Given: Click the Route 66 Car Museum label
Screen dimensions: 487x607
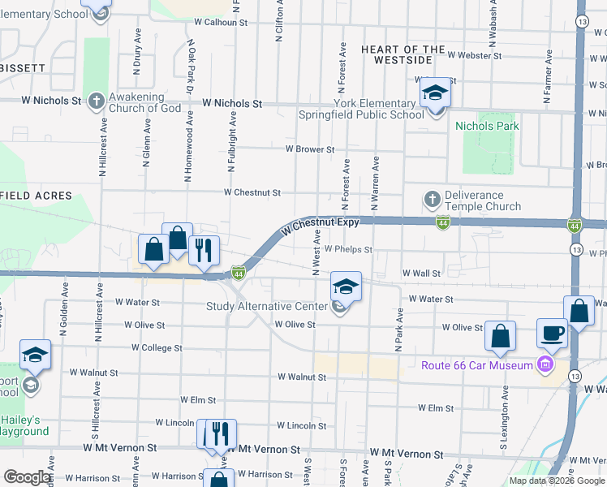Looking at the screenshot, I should coord(476,364).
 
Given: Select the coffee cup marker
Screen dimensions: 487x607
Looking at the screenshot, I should coord(552,334).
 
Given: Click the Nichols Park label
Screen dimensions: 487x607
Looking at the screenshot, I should coord(487,126).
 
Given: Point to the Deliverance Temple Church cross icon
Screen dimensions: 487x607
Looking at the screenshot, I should coord(432,199).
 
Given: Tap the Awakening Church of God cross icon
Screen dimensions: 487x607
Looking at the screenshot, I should coord(97,101).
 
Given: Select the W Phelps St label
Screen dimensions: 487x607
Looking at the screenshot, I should coord(348,250).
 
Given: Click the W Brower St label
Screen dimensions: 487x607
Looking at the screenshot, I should coord(310,149).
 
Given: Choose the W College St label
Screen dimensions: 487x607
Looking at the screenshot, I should coord(157,347).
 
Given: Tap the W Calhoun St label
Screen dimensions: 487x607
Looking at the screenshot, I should coord(221,23).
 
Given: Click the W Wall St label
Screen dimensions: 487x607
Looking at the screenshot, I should coord(420,274).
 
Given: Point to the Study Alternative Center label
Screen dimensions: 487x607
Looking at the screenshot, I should coord(266,306).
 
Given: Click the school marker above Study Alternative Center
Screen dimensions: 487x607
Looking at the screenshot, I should coord(346,287).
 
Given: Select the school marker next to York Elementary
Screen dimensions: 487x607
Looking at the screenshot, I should coord(435,95).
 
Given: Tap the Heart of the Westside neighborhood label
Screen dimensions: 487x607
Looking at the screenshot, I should coord(403,54).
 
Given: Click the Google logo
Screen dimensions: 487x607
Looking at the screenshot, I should coord(26,476).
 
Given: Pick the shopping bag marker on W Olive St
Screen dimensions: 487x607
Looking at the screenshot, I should coord(502,335).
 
